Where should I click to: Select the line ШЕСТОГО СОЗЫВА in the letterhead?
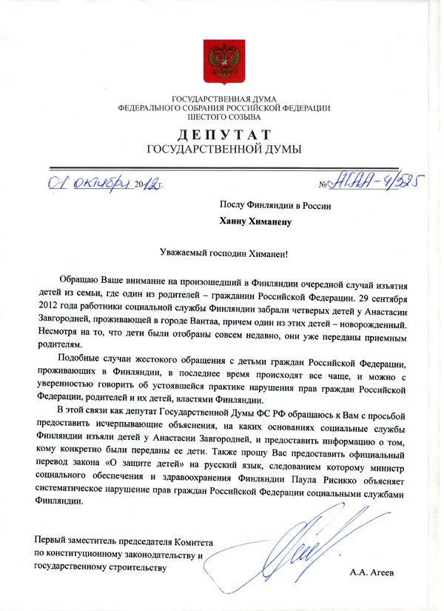click(x=225, y=116)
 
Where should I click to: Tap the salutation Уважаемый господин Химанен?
click(x=223, y=252)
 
